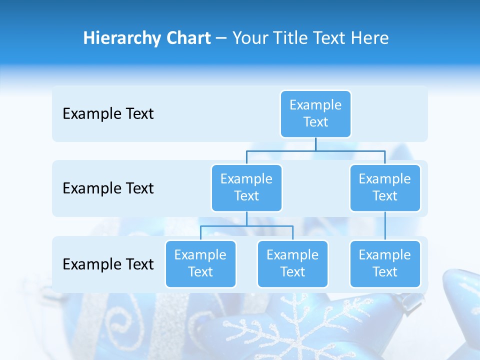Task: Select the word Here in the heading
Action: coord(369,38)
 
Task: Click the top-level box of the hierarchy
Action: coord(315,113)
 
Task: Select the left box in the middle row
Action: coord(246,187)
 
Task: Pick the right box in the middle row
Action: coord(385,187)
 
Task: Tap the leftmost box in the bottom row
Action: coord(200,263)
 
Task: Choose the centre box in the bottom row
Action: coord(292,263)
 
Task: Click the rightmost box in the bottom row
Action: coord(385,263)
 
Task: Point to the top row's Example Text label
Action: coord(108,114)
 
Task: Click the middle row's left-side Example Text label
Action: coord(108,188)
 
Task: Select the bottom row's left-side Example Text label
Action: coord(108,264)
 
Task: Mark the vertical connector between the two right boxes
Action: coord(385,226)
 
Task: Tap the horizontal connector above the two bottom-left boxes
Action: coord(246,226)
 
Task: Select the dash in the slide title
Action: coord(221,38)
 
